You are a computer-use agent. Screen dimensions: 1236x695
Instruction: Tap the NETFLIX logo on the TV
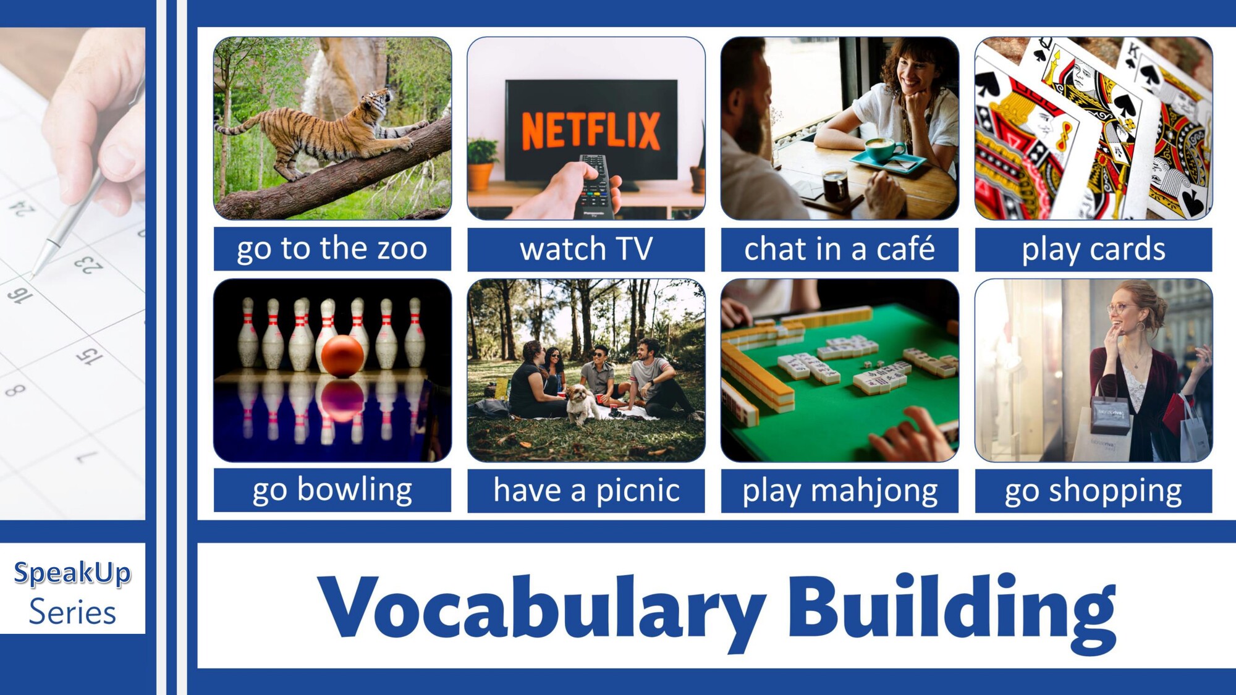591,130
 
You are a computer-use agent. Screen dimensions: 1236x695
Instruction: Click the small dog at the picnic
582,403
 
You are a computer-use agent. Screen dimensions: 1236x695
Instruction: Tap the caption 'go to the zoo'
332,249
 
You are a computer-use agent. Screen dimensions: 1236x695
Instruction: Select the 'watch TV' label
586,249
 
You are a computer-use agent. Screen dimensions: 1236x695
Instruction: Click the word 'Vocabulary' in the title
541,609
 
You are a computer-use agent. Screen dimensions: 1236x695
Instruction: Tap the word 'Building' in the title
952,609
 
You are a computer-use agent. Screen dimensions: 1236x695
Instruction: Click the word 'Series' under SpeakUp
72,612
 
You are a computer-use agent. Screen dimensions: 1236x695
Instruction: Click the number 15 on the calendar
89,355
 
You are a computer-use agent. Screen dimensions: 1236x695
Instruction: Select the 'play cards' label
1093,249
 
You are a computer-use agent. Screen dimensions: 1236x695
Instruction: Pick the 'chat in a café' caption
839,249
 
